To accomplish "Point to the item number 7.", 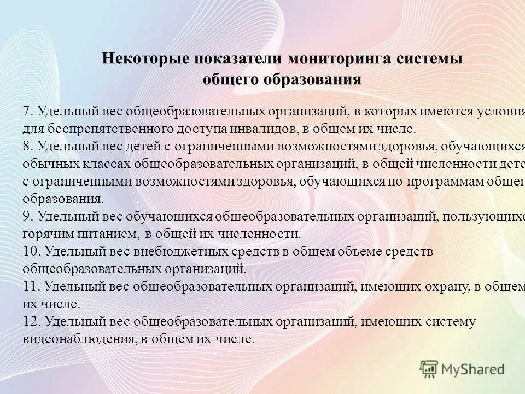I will (28, 112).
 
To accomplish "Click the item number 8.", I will (28, 147).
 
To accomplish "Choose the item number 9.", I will (28, 216).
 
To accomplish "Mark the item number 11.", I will (31, 286).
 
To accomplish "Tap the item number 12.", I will (32, 321).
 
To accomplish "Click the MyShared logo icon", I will (430, 369).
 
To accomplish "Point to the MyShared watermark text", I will (473, 369).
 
